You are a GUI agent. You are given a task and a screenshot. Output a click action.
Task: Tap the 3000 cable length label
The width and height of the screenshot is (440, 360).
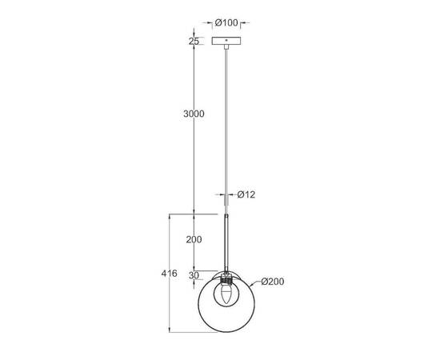point(193,114)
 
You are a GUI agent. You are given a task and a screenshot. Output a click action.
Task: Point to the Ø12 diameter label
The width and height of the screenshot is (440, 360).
point(247,194)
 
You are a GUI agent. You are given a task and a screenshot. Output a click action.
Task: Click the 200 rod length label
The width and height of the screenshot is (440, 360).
point(193,240)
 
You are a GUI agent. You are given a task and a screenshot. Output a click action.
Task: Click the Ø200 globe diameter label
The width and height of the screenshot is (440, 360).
point(273,281)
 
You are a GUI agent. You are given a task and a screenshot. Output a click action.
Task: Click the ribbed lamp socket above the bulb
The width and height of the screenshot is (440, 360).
point(228,277)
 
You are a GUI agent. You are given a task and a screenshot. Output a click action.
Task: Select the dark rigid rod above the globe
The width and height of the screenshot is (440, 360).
point(228,244)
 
